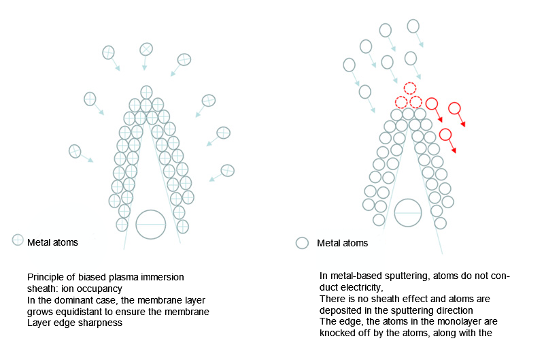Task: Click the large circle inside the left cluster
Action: pyautogui.click(x=151, y=225)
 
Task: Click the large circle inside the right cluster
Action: pyautogui.click(x=408, y=212)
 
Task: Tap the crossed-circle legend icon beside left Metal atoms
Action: pyautogui.click(x=18, y=240)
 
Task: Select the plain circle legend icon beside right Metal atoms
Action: pyautogui.click(x=303, y=243)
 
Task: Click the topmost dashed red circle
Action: pyautogui.click(x=409, y=88)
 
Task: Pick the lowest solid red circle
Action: pyautogui.click(x=445, y=135)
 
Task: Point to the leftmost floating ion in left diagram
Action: pyautogui.click(x=75, y=150)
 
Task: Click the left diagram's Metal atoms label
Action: pyautogui.click(x=52, y=242)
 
